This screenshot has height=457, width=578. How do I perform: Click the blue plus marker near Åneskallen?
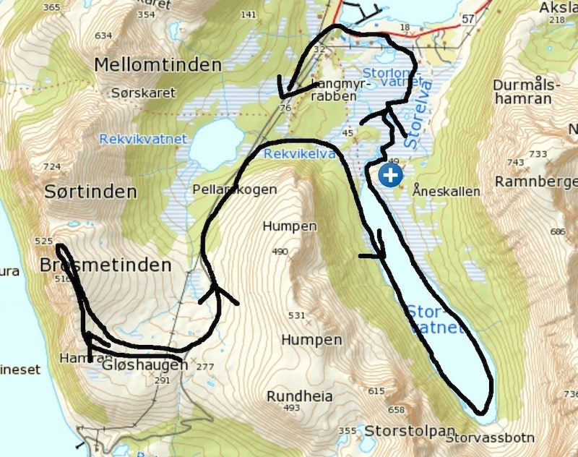tap(391, 175)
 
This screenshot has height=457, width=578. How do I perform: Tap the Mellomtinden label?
tap(158, 65)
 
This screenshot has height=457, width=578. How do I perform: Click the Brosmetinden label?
tap(106, 265)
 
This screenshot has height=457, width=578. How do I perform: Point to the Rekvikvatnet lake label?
tap(143, 139)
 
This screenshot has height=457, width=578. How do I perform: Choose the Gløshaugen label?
tap(145, 365)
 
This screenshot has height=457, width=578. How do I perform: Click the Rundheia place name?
tap(299, 396)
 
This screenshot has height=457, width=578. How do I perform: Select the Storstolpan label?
tap(400, 431)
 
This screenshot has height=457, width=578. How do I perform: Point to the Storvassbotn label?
tap(490, 437)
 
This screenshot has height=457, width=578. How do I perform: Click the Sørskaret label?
tap(134, 93)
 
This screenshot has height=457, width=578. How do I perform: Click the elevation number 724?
tap(52, 167)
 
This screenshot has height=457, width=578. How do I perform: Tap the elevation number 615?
tap(376, 391)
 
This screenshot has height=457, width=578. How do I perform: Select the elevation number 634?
tap(103, 35)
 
